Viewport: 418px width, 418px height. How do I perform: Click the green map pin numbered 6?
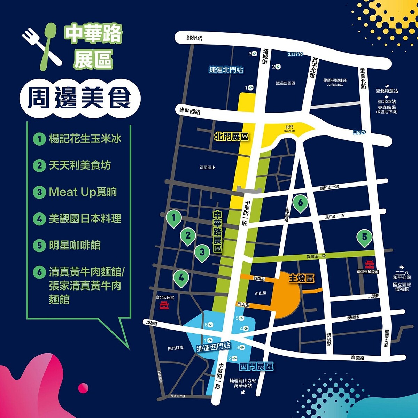point(300,203)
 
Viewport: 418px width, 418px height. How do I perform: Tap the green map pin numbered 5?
point(364,238)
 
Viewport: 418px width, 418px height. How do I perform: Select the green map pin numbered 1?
point(174,218)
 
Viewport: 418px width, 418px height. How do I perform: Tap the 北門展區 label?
point(232,137)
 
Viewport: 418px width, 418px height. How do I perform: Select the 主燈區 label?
point(301,278)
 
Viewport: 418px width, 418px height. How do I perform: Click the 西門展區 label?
point(256,366)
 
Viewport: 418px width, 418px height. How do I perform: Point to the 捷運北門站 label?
point(226,70)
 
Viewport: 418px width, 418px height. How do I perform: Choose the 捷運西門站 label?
point(214,347)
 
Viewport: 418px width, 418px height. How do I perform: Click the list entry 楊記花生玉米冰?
point(85,139)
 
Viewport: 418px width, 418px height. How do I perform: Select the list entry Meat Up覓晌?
point(83,192)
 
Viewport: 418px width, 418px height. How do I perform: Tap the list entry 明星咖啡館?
point(75,245)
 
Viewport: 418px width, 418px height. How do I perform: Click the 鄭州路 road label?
point(194,38)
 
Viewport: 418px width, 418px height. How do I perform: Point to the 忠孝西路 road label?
point(190,111)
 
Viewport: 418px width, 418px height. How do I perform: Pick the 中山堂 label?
point(261,294)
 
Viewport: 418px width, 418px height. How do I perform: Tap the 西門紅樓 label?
point(175,348)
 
